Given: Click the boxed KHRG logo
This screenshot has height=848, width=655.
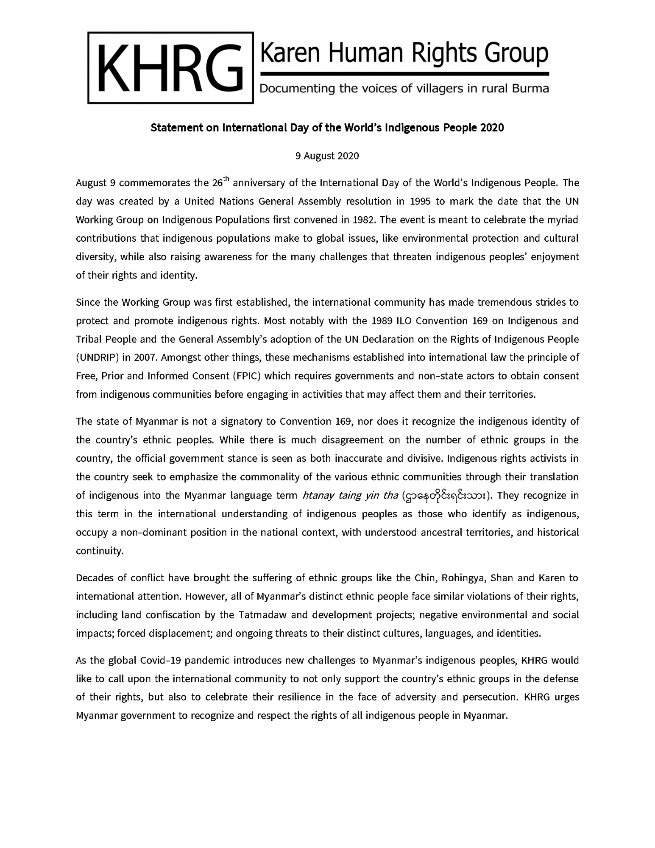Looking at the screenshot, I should [x=170, y=68].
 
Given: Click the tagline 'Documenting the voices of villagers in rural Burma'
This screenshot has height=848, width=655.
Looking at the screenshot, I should [x=404, y=89].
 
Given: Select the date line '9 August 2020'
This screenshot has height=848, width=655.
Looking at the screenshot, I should [x=327, y=156].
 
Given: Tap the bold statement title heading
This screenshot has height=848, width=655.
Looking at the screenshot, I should [x=327, y=128].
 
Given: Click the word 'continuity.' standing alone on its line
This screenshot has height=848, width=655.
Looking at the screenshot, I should [x=100, y=551].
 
